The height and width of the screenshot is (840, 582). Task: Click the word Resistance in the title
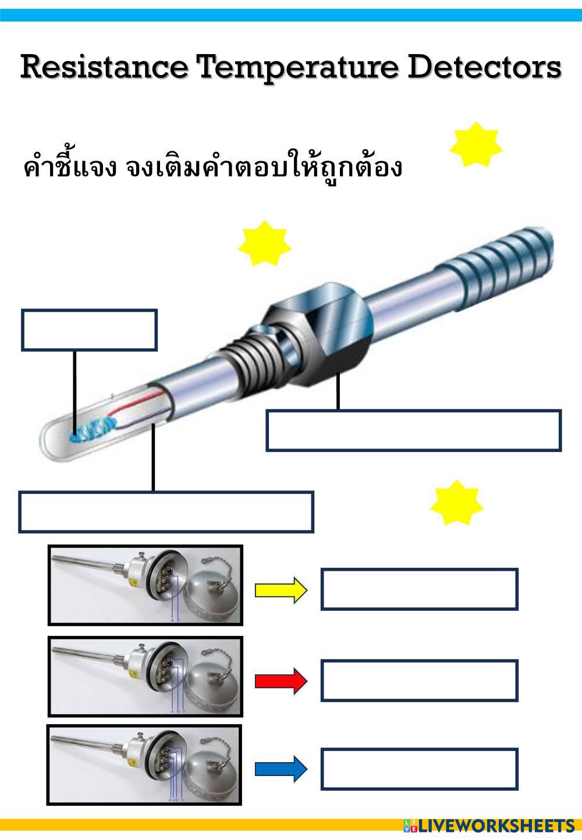[x=105, y=67]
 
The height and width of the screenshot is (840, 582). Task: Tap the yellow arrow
[x=281, y=590]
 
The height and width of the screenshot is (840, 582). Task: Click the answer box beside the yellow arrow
[x=419, y=589]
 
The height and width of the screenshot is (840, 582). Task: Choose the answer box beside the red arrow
[x=419, y=681]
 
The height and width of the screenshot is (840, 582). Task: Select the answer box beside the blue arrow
[x=419, y=769]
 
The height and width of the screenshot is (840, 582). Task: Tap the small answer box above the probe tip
[x=89, y=330]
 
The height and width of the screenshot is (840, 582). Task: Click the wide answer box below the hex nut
[x=413, y=430]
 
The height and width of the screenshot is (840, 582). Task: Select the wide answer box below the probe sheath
[x=166, y=512]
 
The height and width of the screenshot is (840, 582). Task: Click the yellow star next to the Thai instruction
[x=475, y=145]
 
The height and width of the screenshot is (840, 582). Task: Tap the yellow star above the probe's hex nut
[x=264, y=245]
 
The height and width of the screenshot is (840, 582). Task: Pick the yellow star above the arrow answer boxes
[x=457, y=503]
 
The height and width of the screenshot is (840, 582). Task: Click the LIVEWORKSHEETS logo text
[x=495, y=826]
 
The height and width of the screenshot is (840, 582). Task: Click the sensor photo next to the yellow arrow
[x=145, y=585]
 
